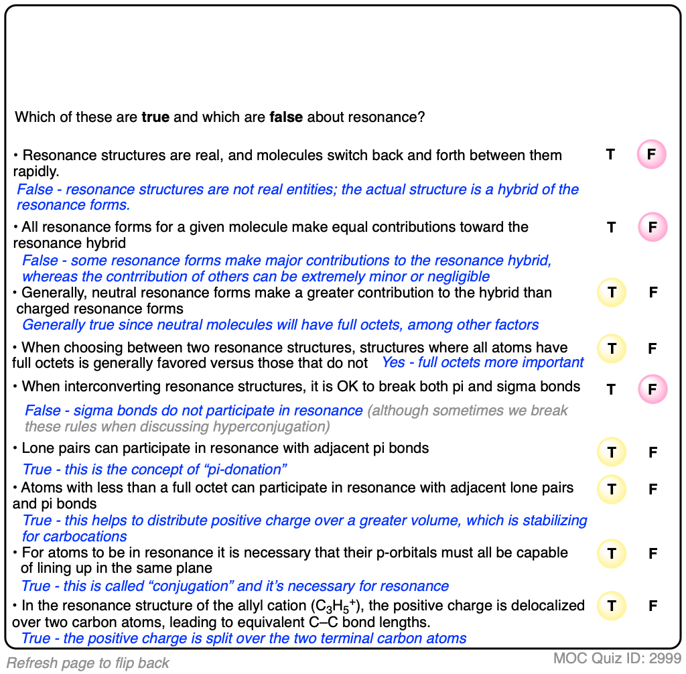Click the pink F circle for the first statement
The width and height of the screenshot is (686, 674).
tap(651, 155)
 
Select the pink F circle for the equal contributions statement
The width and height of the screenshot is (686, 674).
tap(652, 228)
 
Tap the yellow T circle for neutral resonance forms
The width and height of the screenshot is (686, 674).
tap(611, 292)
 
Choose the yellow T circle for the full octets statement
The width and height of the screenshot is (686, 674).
tap(611, 348)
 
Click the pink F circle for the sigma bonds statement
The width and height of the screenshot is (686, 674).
tap(652, 389)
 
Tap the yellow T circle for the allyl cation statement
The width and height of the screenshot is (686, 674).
tap(611, 606)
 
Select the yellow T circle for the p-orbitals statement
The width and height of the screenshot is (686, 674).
tap(611, 554)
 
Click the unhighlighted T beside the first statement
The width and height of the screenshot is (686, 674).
tap(610, 155)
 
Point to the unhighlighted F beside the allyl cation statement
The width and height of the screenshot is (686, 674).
tap(653, 606)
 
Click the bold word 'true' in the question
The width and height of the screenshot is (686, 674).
tap(155, 117)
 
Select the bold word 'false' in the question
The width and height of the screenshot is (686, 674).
tap(286, 117)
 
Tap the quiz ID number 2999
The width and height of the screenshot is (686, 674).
tap(665, 659)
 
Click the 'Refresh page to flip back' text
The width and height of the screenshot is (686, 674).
tap(88, 663)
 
